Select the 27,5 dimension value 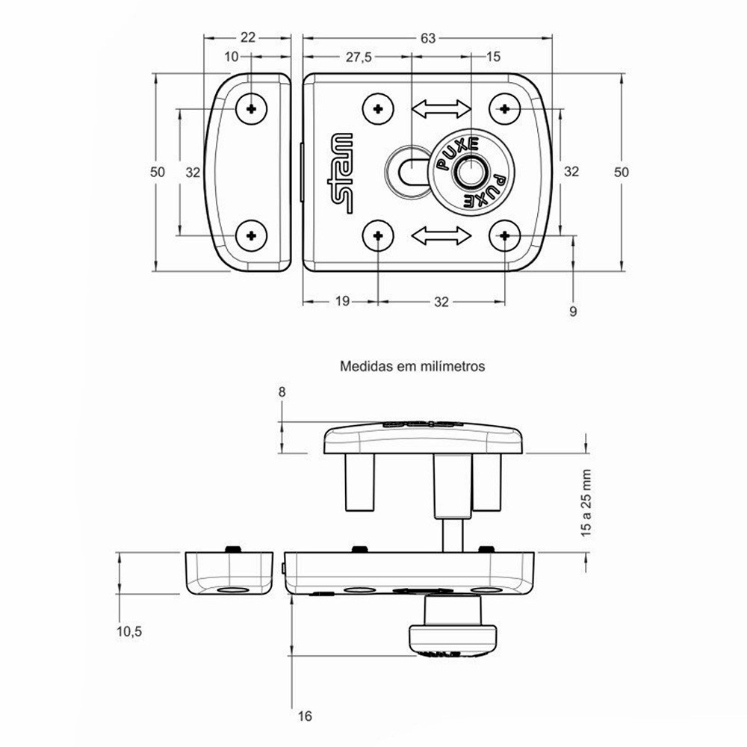point(357,58)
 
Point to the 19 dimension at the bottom point(342,302)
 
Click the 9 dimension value point(574,311)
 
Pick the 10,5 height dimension point(129,632)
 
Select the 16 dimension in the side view point(304,716)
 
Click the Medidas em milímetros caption point(413,367)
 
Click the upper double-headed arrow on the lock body point(441,110)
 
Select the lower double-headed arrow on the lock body point(441,237)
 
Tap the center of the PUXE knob point(470,173)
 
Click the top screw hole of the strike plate point(252,109)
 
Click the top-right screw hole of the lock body point(506,109)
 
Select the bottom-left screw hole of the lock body point(379,237)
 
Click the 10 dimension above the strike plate point(231,58)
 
